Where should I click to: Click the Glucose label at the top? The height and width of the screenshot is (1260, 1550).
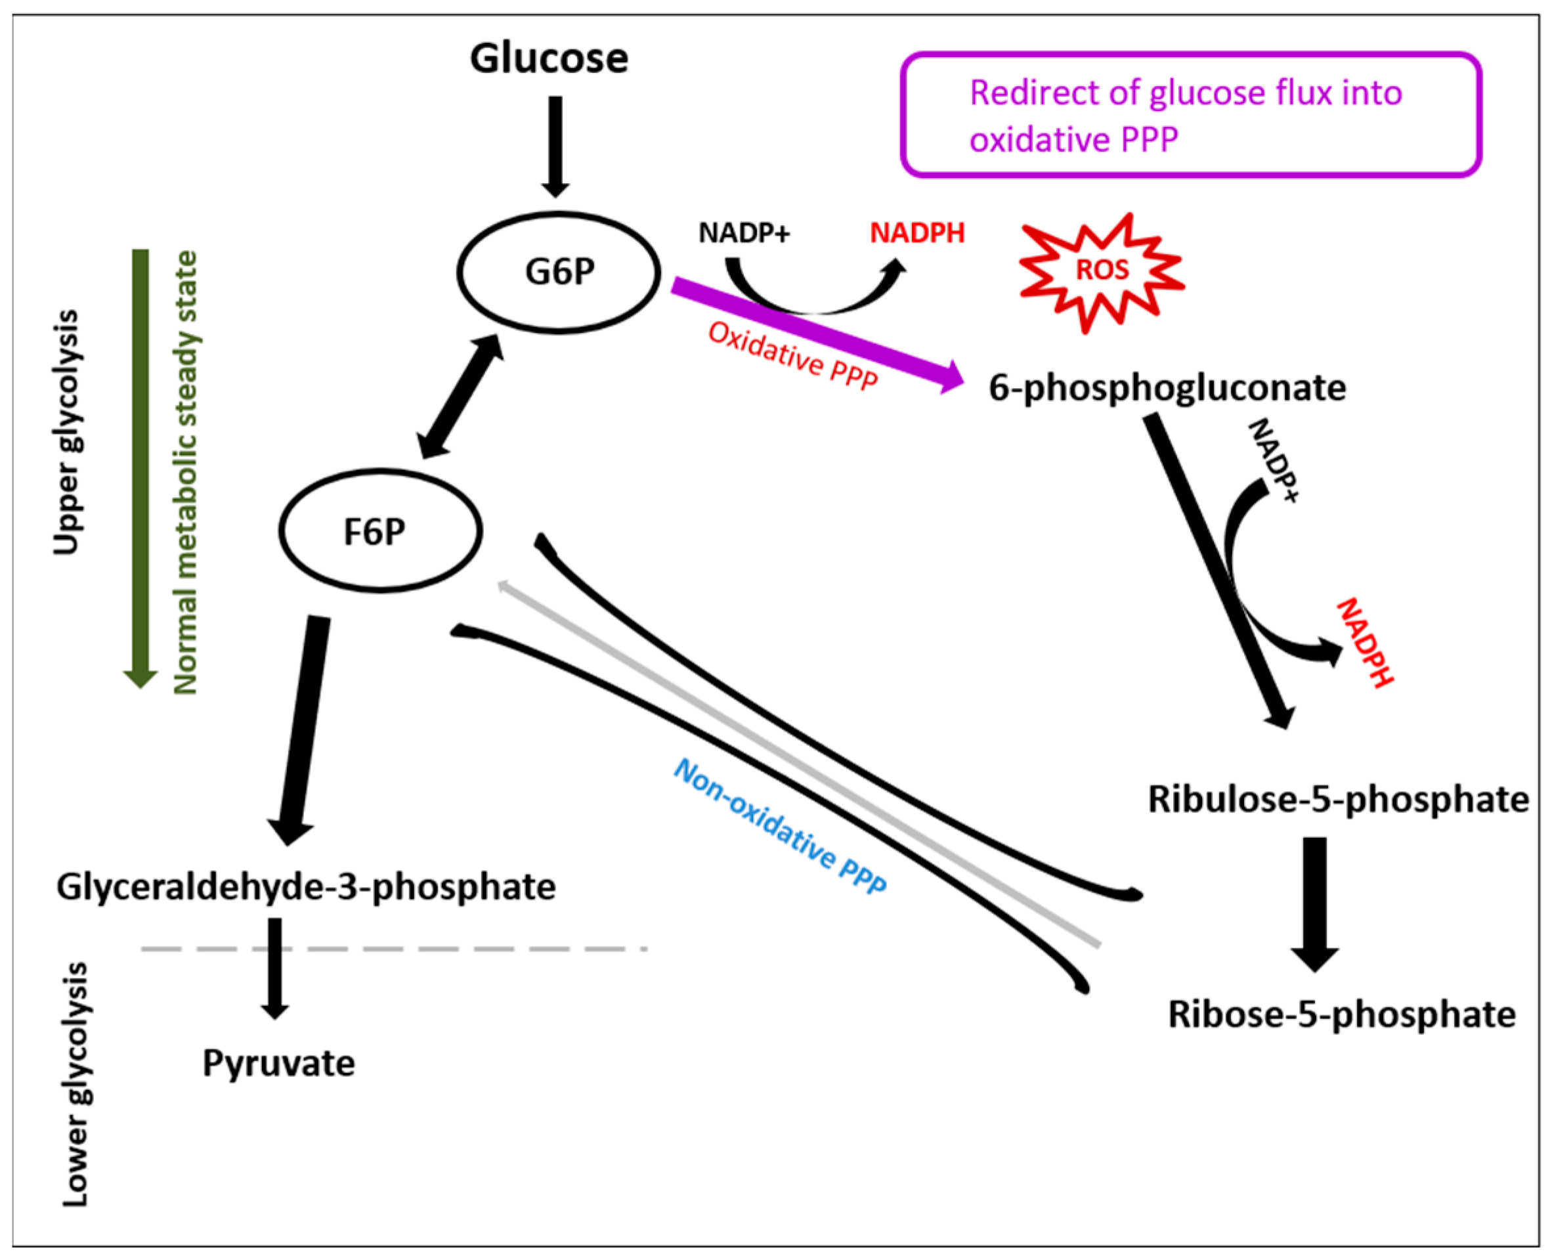tap(549, 58)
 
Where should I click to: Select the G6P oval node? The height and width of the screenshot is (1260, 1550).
tap(559, 272)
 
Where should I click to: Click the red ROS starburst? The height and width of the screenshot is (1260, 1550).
tap(1102, 271)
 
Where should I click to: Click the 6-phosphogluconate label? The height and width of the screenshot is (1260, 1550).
tap(1166, 387)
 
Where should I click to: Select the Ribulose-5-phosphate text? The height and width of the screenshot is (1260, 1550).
tap(1337, 799)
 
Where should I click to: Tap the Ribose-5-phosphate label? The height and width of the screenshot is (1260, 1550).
tap(1341, 1014)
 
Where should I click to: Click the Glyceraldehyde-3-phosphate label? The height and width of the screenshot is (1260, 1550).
tap(305, 887)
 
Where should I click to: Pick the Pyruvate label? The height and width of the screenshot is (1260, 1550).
tap(278, 1063)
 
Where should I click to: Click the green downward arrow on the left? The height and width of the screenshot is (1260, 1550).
tap(140, 464)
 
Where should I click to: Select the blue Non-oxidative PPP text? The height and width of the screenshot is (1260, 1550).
tap(781, 826)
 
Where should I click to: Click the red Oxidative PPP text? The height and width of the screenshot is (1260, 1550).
tap(792, 357)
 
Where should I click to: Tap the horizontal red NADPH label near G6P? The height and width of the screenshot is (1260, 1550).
tap(917, 233)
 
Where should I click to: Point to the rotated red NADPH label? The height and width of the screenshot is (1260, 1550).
tap(1364, 641)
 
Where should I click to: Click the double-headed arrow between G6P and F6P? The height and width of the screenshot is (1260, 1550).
tap(460, 397)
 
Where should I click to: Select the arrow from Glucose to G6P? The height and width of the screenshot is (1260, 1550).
tap(555, 145)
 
